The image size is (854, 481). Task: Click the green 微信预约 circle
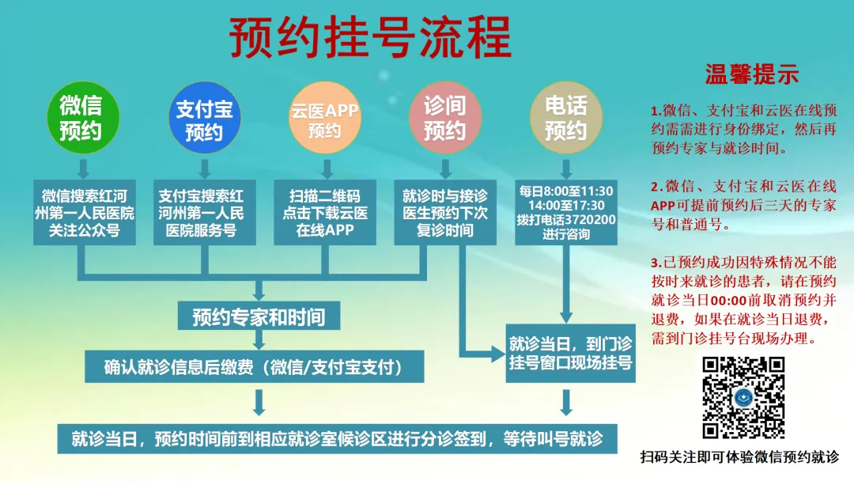click(x=83, y=117)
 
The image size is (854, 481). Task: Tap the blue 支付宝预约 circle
click(x=204, y=117)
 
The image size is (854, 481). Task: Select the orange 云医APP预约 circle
click(x=325, y=117)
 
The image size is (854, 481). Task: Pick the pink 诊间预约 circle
click(x=445, y=117)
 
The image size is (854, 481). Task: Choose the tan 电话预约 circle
click(x=566, y=117)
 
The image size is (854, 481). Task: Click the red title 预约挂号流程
click(x=370, y=37)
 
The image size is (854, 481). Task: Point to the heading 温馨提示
click(x=752, y=74)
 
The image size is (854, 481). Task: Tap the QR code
click(x=743, y=398)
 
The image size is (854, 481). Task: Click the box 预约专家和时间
click(x=259, y=316)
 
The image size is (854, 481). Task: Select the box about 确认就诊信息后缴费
click(x=255, y=366)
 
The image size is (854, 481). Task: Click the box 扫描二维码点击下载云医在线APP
click(x=325, y=213)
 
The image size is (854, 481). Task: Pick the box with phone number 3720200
click(x=566, y=213)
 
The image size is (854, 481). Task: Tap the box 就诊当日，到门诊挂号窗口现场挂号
click(x=570, y=353)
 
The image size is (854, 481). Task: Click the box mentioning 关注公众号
click(x=85, y=213)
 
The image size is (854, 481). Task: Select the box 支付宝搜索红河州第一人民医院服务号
click(x=204, y=213)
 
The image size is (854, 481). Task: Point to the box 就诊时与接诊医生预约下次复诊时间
click(x=445, y=213)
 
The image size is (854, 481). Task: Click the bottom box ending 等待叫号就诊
click(x=337, y=438)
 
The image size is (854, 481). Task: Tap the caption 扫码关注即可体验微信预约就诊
click(x=739, y=457)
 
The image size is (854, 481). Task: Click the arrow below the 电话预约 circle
click(x=566, y=169)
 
